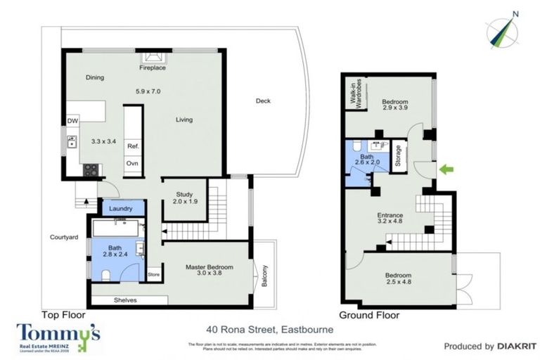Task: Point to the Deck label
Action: (263, 101)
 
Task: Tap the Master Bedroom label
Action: (209, 271)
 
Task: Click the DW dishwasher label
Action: (72, 122)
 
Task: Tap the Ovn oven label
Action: (132, 163)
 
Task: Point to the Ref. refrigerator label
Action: (132, 146)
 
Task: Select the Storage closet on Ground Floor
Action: (399, 156)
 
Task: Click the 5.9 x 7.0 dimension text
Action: (148, 91)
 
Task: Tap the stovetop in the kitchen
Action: (91, 169)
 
